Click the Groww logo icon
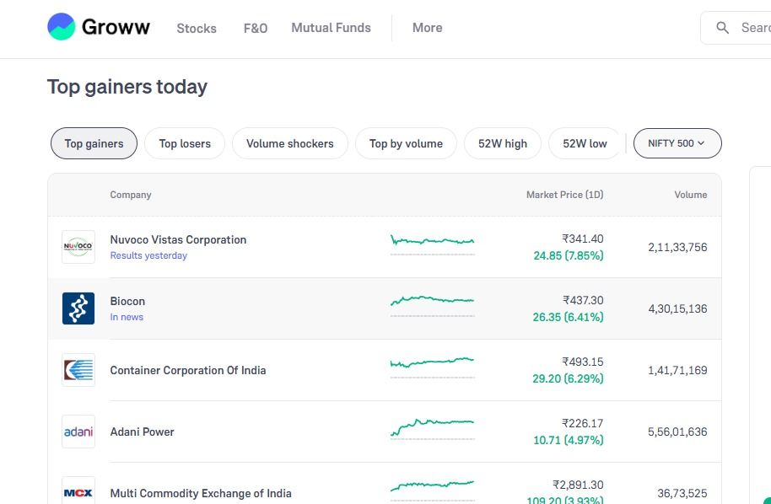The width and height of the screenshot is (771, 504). [x=62, y=26]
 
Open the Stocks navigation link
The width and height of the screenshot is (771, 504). [x=197, y=28]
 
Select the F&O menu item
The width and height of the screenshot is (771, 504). [x=256, y=28]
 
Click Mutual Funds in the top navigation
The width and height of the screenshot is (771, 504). [x=331, y=28]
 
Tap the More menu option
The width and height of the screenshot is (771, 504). [x=428, y=28]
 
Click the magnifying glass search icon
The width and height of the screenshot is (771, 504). [x=722, y=28]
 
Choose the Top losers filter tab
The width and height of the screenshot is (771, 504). [x=185, y=143]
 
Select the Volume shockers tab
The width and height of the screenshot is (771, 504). [x=290, y=143]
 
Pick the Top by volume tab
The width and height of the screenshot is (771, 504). [x=406, y=143]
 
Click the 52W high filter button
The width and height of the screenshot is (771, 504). [x=503, y=143]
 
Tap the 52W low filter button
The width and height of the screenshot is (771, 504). [x=585, y=143]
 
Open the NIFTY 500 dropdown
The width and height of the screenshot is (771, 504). [x=677, y=143]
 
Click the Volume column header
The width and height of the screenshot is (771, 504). [x=691, y=195]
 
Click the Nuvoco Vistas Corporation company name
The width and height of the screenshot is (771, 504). [x=178, y=239]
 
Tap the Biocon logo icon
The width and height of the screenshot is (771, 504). [x=78, y=308]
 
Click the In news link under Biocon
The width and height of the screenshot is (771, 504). [x=127, y=317]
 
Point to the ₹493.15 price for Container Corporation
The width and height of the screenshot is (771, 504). [x=583, y=362]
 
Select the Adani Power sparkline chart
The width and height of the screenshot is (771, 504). [x=432, y=428]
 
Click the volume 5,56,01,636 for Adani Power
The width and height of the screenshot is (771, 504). [x=677, y=432]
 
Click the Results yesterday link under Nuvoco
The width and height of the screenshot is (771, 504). [x=148, y=255]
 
